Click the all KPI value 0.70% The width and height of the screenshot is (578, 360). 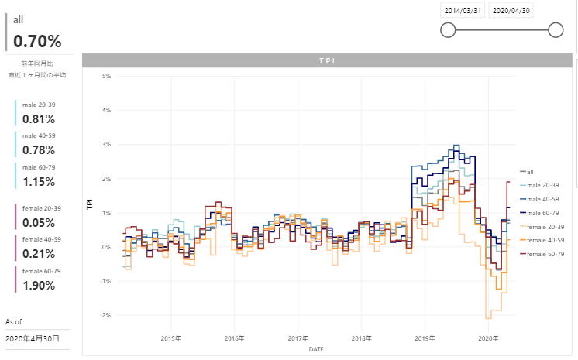(x=37, y=42)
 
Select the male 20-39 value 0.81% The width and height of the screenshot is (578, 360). (x=39, y=119)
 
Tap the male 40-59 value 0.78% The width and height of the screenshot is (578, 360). (x=39, y=150)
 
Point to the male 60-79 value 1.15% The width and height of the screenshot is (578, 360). (x=39, y=182)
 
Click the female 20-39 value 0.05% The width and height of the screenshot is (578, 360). (x=39, y=223)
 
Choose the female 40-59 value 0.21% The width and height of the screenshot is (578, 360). (x=39, y=254)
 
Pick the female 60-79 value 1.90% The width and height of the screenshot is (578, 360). (x=39, y=286)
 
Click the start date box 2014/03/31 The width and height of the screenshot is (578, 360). (x=463, y=11)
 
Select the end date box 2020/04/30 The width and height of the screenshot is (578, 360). (x=512, y=11)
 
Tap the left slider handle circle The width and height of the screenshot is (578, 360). (x=447, y=30)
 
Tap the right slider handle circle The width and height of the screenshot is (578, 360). (x=555, y=30)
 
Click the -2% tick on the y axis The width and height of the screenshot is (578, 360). (x=106, y=315)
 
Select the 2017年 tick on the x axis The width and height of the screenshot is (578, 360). (x=298, y=338)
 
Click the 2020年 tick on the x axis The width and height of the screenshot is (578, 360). (x=488, y=338)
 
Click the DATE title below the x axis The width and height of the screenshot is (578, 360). (x=316, y=349)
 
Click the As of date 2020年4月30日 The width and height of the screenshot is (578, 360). (x=33, y=339)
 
